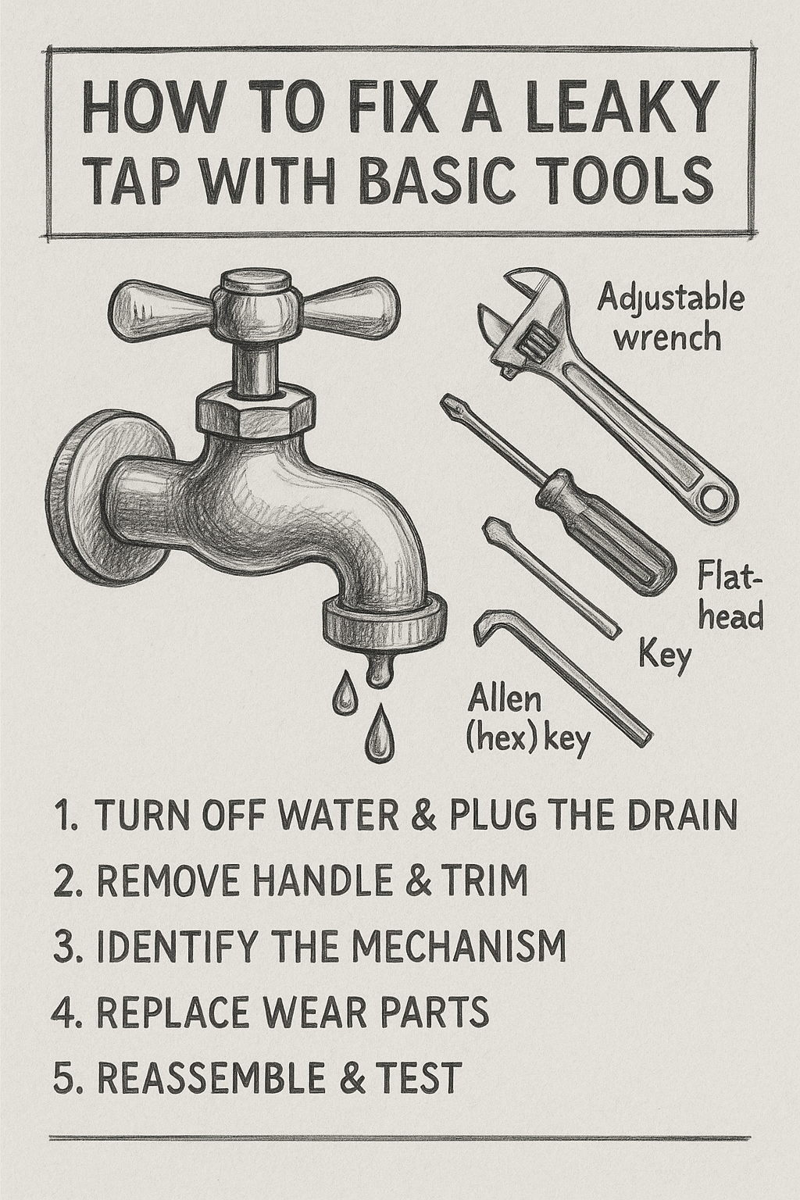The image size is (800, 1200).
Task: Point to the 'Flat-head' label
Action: [728, 598]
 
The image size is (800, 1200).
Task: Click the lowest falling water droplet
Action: [380, 731]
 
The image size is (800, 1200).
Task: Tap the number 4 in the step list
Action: [62, 1012]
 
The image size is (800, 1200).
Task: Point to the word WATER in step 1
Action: [329, 816]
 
